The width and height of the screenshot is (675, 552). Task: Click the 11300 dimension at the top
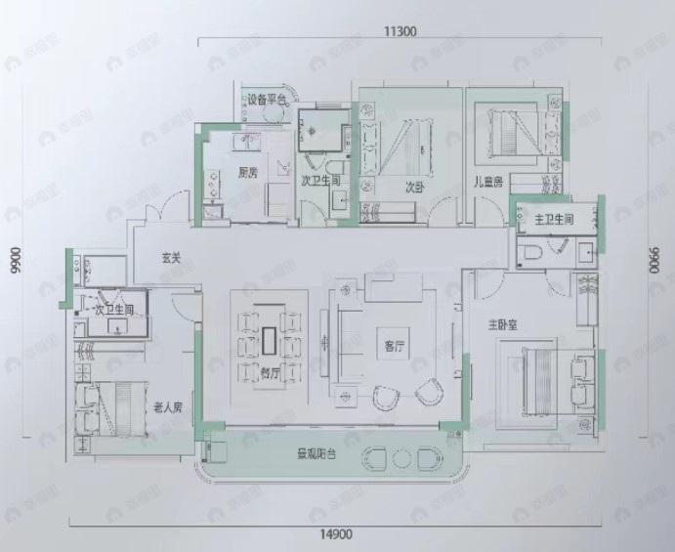point(395,30)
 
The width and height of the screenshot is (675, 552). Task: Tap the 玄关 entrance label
point(173,258)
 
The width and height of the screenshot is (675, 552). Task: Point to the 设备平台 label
point(266,99)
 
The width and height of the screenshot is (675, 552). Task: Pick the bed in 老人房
point(109,403)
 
